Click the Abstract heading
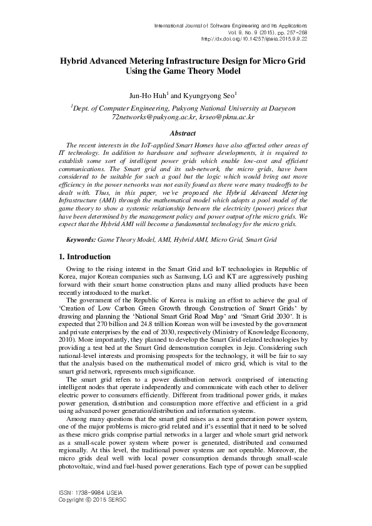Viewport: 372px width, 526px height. point(185,132)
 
